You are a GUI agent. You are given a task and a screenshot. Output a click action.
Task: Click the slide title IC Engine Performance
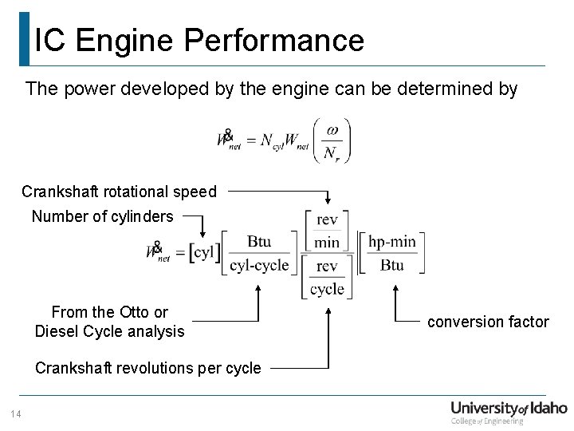tap(199, 40)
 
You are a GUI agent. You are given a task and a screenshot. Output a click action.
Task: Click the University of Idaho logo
tap(508, 411)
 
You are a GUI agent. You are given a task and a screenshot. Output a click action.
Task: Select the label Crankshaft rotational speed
tap(119, 192)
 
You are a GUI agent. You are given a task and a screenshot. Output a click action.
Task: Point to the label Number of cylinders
tap(102, 216)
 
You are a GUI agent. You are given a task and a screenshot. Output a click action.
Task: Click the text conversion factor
tap(488, 322)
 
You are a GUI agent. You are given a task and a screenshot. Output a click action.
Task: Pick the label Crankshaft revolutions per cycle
tap(147, 368)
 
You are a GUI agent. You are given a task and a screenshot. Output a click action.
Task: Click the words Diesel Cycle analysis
tap(109, 331)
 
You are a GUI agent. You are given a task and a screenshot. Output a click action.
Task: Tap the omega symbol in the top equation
tap(332, 130)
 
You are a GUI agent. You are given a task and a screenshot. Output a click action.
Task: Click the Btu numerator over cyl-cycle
tap(258, 242)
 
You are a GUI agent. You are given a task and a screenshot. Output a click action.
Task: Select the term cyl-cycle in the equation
tap(259, 265)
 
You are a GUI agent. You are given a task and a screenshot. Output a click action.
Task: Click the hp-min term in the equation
tap(391, 242)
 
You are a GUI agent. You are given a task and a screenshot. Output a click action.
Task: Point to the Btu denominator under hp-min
tap(391, 265)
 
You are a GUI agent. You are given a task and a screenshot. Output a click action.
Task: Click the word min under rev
tap(327, 242)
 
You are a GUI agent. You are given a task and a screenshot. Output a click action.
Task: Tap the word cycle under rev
tap(327, 288)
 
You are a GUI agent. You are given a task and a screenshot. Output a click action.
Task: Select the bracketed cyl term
tap(203, 253)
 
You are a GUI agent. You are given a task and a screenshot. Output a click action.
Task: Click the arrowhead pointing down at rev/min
tap(328, 203)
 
